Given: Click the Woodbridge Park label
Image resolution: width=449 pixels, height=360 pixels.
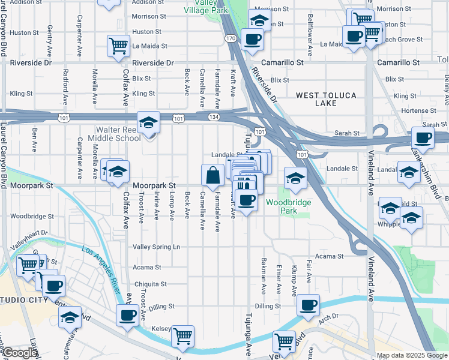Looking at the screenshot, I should pyautogui.click(x=289, y=206).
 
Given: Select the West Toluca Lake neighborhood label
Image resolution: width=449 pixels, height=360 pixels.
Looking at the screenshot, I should pyautogui.click(x=326, y=99).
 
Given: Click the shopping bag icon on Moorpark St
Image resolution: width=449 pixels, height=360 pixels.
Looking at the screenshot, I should pyautogui.click(x=213, y=175).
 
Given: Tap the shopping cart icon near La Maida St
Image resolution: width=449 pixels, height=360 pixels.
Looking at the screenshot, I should pyautogui.click(x=118, y=46).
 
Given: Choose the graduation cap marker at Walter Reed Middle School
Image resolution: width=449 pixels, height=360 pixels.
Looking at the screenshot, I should pyautogui.click(x=148, y=123).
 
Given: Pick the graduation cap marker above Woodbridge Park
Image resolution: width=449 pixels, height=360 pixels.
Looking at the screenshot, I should pyautogui.click(x=295, y=178).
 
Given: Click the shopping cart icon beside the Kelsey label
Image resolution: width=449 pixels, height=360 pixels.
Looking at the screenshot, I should pyautogui.click(x=182, y=337).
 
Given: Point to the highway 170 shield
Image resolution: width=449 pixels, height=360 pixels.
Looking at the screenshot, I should pyautogui.click(x=231, y=38).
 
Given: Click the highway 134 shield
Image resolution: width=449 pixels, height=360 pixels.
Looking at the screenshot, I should pyautogui.click(x=214, y=118).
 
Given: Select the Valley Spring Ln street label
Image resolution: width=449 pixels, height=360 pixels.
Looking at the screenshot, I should pyautogui.click(x=156, y=247).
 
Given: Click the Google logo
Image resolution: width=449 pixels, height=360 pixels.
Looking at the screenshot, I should pyautogui.click(x=19, y=353).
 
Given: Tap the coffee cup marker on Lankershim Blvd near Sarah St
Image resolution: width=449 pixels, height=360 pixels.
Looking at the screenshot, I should pyautogui.click(x=423, y=137).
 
